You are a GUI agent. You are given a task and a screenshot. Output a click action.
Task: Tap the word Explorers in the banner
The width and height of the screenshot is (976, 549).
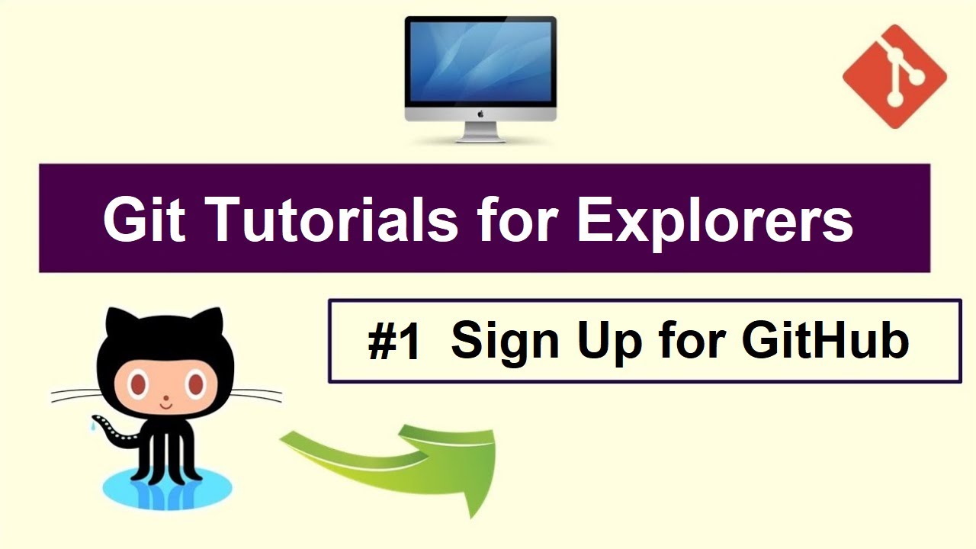point(714,219)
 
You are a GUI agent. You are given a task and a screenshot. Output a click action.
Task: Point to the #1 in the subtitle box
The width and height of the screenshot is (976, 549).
point(394,342)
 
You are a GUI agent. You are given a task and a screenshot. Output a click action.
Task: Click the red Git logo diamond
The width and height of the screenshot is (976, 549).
point(894,76)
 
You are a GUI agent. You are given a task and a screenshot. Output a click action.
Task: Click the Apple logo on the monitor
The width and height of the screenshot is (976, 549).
point(480,114)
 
